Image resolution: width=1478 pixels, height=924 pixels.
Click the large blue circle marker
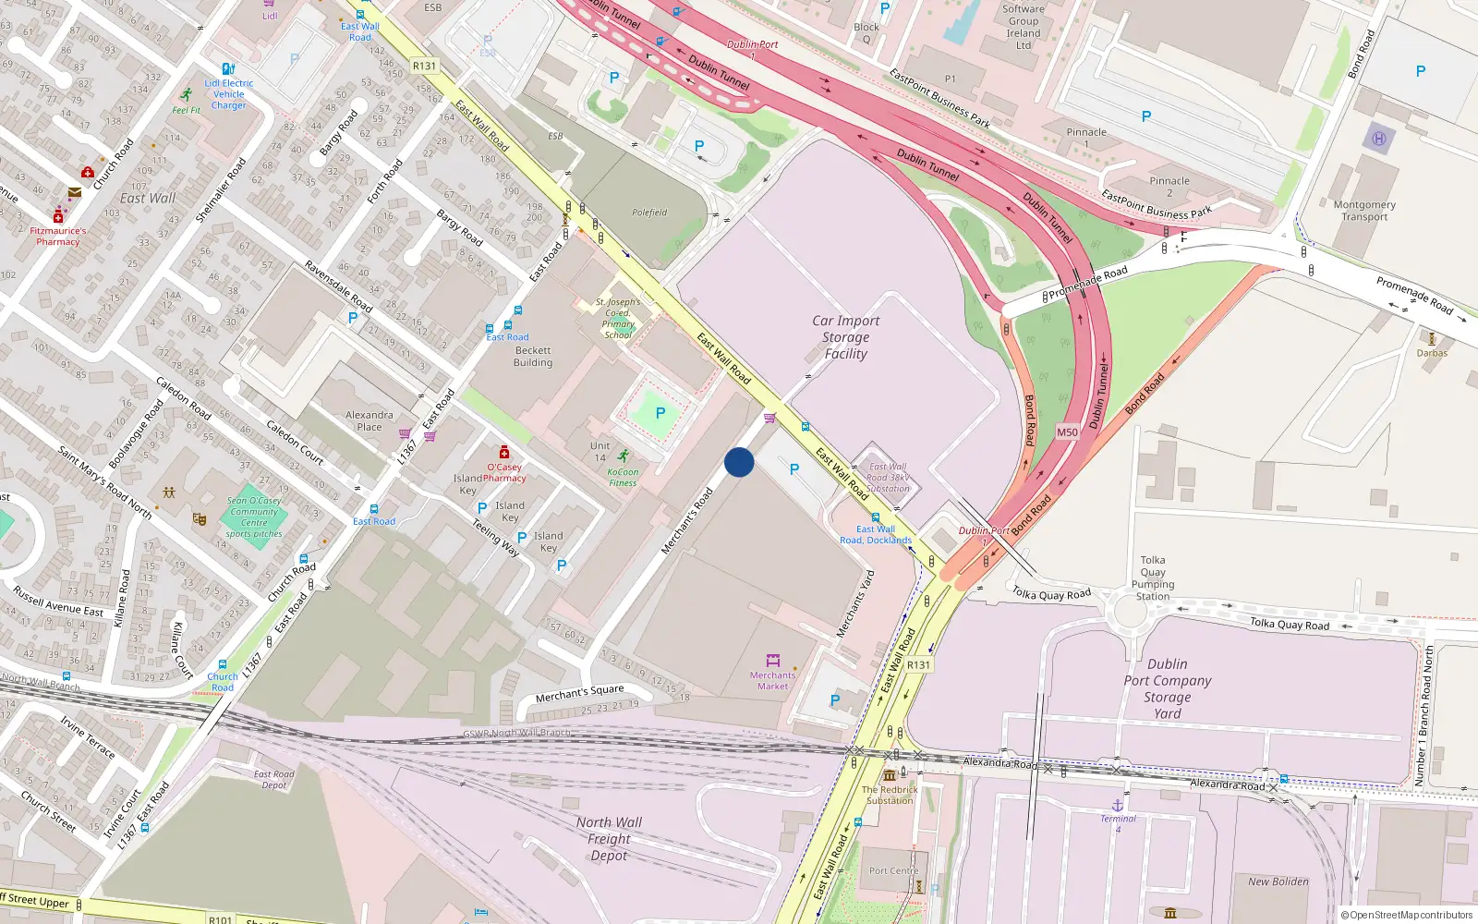pos(739,462)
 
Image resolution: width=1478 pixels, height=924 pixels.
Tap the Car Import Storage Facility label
pos(845,337)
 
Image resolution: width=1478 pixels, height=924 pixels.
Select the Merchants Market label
pos(772,681)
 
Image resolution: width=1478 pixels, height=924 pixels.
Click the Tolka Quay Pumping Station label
pos(1153,578)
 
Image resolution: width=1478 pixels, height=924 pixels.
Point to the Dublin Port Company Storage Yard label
pos(1167,688)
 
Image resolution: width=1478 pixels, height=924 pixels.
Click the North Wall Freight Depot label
pos(609,839)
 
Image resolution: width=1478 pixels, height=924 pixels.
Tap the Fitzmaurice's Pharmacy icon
pos(58,217)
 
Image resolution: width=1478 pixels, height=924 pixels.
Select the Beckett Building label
pos(533,357)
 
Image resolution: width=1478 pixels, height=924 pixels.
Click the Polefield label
pos(649,213)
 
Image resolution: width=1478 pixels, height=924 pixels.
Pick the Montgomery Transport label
pos(1364,211)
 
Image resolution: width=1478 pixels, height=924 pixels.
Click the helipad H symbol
pos(1379,139)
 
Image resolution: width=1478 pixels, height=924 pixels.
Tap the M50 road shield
pos(1067,432)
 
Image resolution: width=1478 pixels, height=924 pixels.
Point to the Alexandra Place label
pos(369,421)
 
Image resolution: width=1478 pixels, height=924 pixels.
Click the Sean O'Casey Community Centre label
pos(254,517)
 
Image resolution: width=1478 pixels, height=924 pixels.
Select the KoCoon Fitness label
pos(623,477)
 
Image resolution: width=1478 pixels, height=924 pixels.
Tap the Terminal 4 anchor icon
pos(1117,806)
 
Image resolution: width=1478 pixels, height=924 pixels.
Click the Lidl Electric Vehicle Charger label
pos(229,94)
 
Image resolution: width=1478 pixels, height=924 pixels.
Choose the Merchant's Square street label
pos(580,693)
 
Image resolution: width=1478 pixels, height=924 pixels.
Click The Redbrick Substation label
pos(890,796)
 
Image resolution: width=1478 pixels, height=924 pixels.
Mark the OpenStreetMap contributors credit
pos(1406,915)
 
